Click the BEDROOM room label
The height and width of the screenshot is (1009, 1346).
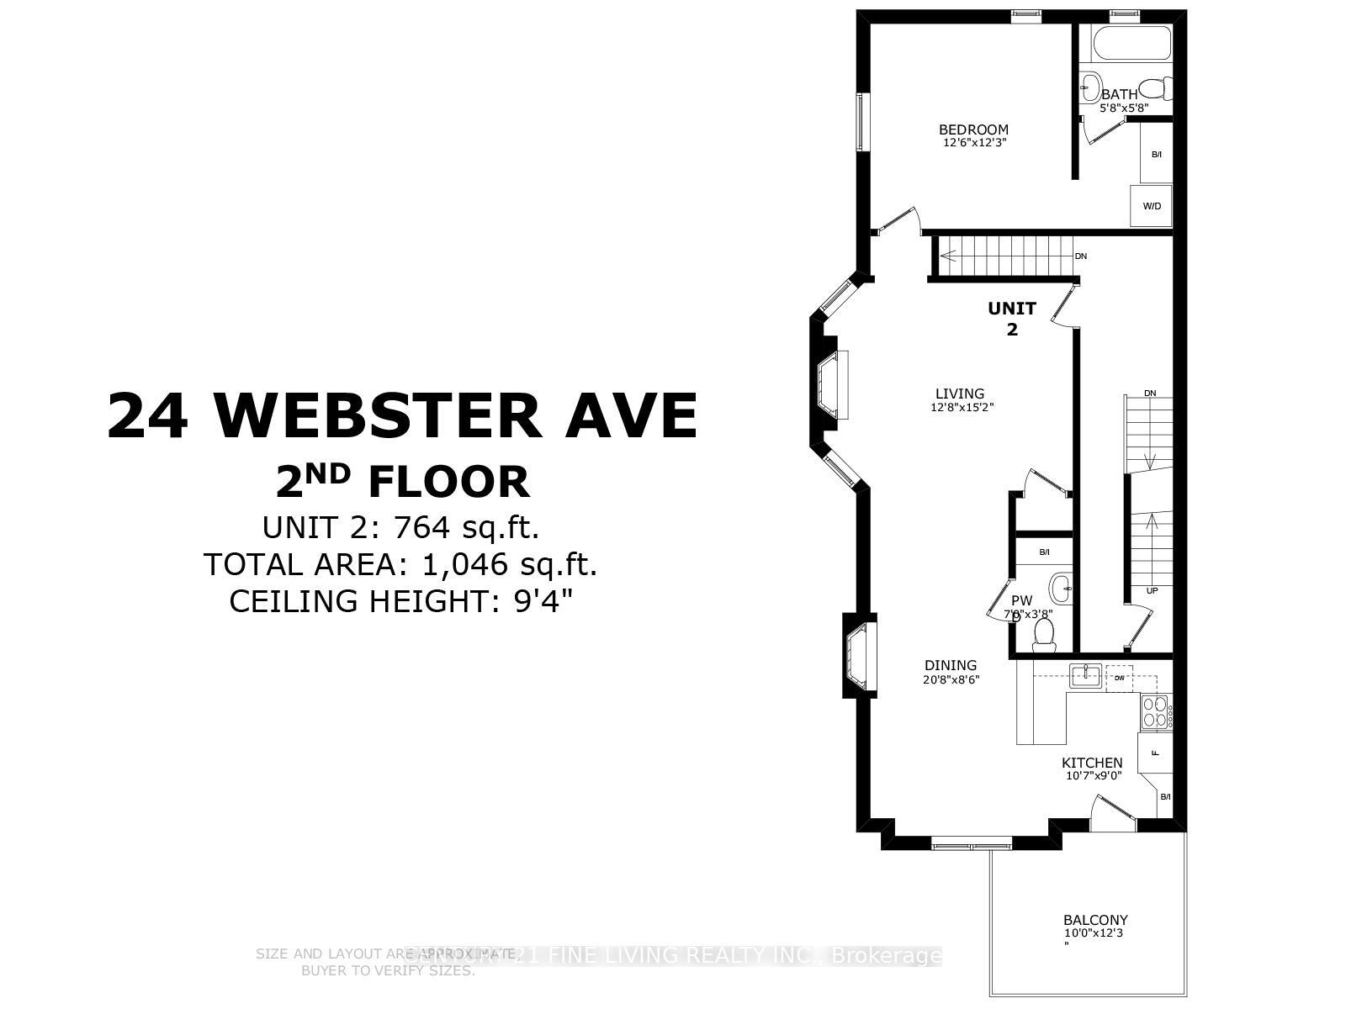pyautogui.click(x=973, y=129)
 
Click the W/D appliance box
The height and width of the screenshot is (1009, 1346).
pyautogui.click(x=1152, y=206)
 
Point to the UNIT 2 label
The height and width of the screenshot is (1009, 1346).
pyautogui.click(x=1011, y=318)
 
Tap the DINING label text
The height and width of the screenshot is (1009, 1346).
pyautogui.click(x=951, y=665)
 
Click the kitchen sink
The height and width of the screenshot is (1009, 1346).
pyautogui.click(x=1085, y=674)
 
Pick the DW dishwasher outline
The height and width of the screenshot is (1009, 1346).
pyautogui.click(x=1119, y=678)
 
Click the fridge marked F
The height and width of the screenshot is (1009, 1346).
pyautogui.click(x=1154, y=753)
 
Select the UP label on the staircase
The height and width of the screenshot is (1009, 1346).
pyautogui.click(x=1152, y=591)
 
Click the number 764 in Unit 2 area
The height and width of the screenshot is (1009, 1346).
pyautogui.click(x=426, y=528)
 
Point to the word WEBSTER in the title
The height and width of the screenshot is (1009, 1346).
pyautogui.click(x=378, y=415)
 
